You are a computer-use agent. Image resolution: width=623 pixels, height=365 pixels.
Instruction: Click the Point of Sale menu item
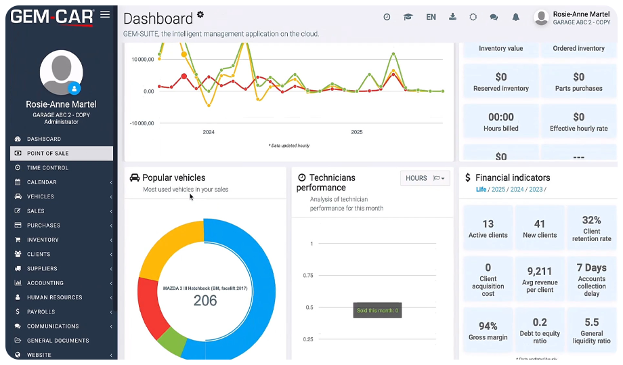point(47,154)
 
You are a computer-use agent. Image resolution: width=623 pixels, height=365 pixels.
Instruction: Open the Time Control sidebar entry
point(47,168)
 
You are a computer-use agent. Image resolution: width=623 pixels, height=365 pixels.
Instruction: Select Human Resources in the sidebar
point(54,297)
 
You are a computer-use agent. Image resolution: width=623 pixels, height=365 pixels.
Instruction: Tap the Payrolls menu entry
point(41,312)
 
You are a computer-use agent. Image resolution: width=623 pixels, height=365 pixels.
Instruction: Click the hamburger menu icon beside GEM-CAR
point(104,14)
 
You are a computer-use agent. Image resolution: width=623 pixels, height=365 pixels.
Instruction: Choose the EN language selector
point(431,17)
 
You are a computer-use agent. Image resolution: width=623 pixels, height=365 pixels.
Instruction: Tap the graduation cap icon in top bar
point(408,17)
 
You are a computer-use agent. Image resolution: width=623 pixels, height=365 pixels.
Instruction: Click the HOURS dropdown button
point(425,178)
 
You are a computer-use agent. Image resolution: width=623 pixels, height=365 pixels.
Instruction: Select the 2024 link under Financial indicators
point(517,190)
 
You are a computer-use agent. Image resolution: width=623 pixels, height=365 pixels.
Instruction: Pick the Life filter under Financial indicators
point(481,190)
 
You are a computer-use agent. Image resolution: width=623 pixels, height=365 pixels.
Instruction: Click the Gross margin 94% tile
point(488,330)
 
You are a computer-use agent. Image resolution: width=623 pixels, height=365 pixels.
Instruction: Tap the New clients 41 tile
point(540,228)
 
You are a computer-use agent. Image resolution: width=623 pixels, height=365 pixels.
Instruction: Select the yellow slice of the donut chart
point(166,244)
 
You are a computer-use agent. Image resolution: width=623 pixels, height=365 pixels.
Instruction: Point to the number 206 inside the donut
point(205,301)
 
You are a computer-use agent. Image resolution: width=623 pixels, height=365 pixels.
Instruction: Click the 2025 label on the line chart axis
point(357,132)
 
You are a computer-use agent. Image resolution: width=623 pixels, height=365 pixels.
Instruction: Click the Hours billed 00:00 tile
point(501,121)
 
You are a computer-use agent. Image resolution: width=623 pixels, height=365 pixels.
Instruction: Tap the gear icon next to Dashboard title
point(200,14)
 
